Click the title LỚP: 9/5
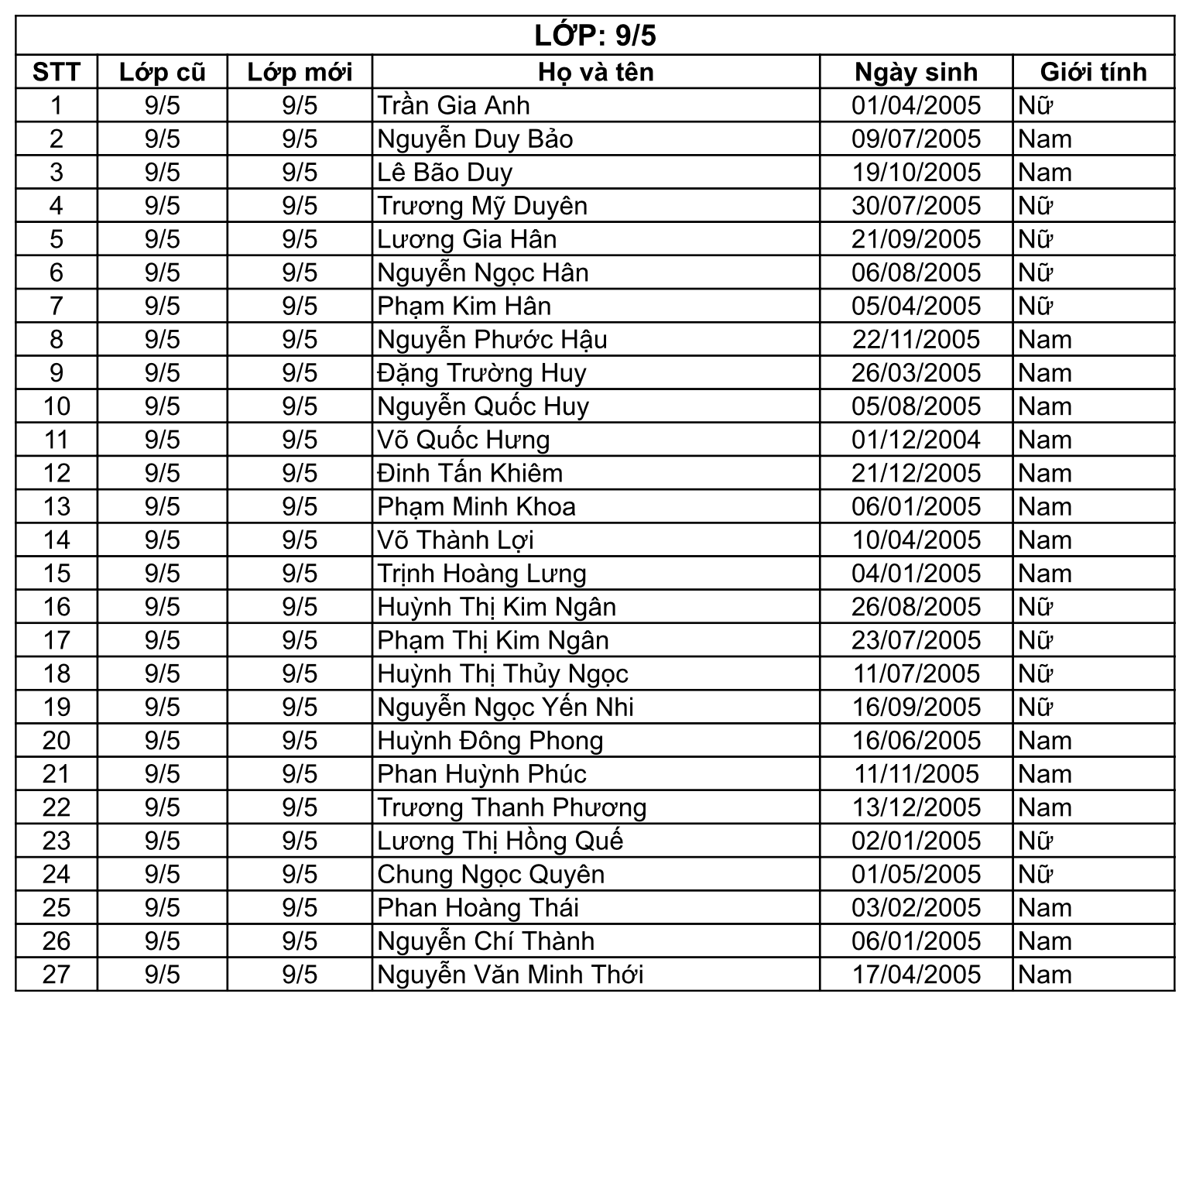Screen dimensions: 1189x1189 (594, 36)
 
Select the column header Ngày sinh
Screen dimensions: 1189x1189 (916, 72)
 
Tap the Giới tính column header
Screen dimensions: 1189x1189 (1093, 72)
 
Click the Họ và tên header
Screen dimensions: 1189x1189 (595, 72)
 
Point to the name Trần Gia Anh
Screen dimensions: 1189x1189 (454, 105)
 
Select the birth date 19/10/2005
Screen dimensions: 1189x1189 (916, 172)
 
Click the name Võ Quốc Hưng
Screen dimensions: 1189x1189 (463, 440)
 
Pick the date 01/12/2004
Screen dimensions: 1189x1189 (916, 440)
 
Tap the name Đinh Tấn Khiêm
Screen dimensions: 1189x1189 (470, 473)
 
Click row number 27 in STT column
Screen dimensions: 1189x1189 (57, 974)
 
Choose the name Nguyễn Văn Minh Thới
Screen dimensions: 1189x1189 (510, 974)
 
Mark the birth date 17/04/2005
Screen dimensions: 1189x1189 (916, 974)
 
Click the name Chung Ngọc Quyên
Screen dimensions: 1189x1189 (491, 874)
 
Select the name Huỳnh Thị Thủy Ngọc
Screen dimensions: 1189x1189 (502, 673)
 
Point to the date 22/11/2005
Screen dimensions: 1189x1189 (916, 339)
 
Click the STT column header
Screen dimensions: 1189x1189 (57, 72)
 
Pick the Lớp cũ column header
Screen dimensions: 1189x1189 (162, 72)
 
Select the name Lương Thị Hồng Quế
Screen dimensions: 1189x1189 (500, 841)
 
